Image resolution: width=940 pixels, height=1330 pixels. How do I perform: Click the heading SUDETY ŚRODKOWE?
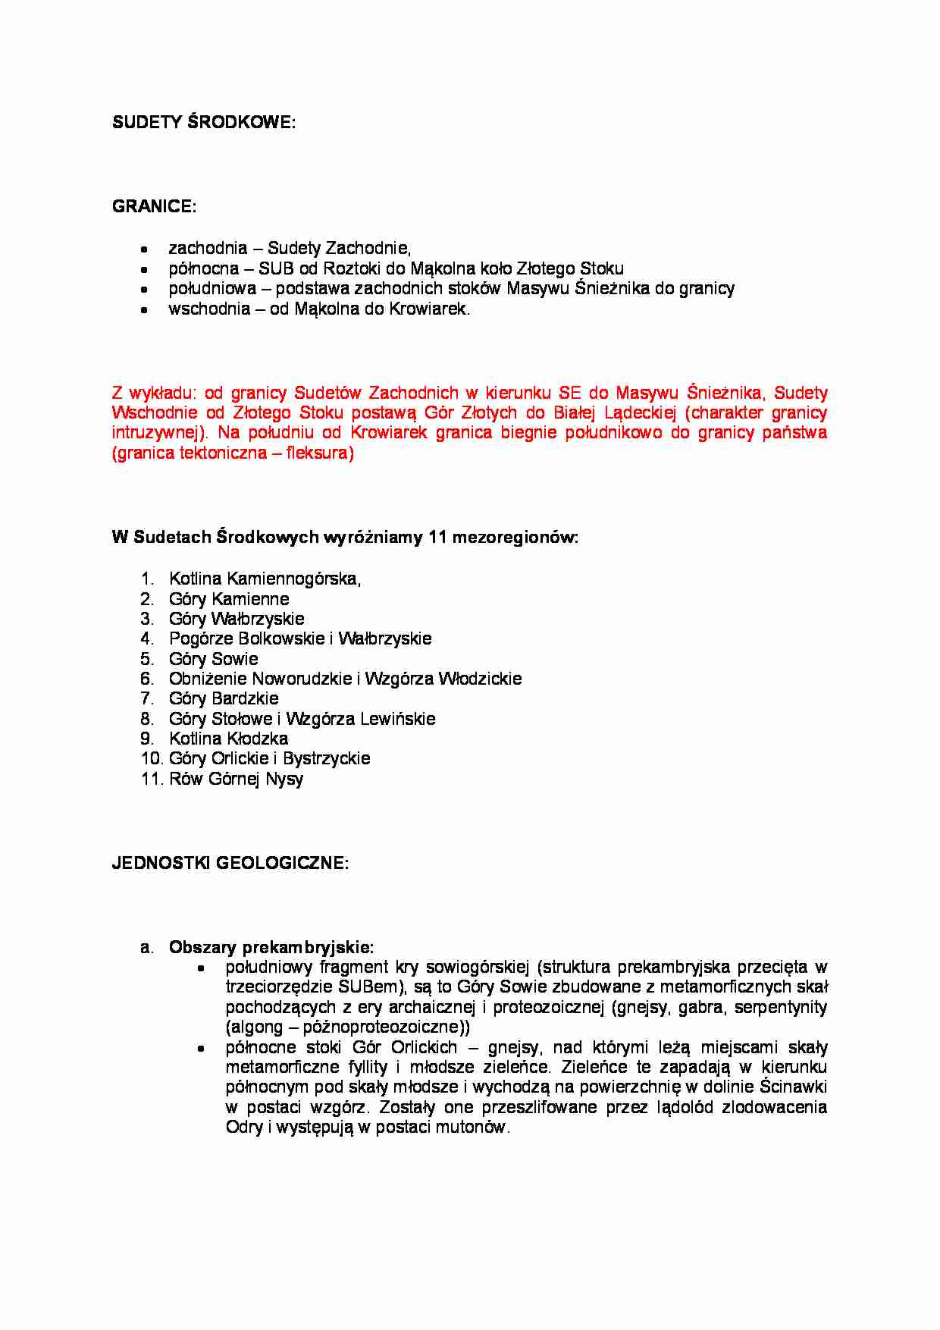pos(203,123)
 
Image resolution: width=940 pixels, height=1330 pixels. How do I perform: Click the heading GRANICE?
pos(154,206)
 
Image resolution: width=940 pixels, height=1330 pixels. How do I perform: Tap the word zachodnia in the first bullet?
pos(208,248)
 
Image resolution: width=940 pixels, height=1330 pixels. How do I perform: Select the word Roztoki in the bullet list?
pos(351,268)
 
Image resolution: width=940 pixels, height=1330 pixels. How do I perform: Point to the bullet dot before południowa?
pos(144,289)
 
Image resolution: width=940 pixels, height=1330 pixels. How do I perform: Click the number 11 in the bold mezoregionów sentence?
pos(437,538)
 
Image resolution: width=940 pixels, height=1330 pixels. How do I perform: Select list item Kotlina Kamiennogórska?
pos(264,579)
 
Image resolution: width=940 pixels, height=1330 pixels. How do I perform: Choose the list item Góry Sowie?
pos(213,659)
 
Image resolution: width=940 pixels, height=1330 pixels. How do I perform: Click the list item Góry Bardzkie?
pos(224,698)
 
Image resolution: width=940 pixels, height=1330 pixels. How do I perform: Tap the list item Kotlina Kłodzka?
pos(228,739)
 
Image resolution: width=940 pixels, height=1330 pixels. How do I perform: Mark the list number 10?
pos(151,758)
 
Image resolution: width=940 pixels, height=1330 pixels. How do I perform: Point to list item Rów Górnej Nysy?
pos(236,779)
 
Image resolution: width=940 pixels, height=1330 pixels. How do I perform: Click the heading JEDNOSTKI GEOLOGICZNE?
pos(230,863)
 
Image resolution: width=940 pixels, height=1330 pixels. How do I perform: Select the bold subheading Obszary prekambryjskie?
pos(271,947)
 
